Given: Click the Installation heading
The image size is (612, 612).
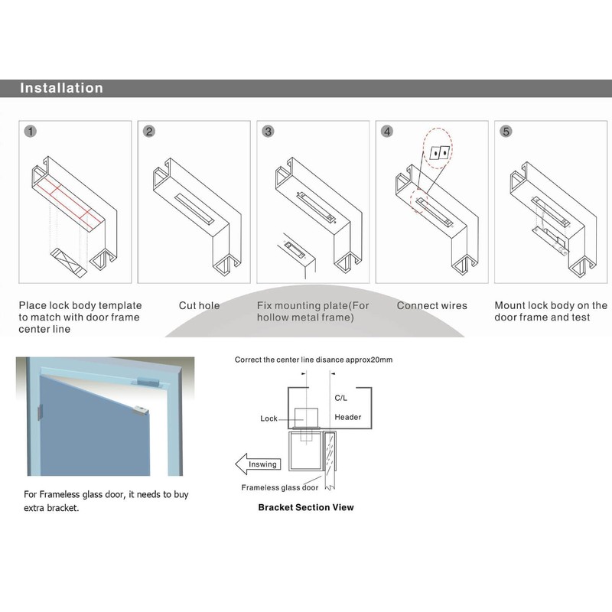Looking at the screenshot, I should tap(61, 88).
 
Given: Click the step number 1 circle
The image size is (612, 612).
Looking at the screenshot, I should tap(30, 132).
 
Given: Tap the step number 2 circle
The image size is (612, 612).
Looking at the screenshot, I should tap(149, 132).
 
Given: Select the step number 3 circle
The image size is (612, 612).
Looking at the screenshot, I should tap(268, 132).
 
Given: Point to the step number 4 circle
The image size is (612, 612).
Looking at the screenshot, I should tap(387, 132).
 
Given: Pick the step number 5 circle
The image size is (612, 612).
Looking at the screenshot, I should tap(506, 132).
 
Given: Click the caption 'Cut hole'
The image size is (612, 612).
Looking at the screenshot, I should tap(199, 306).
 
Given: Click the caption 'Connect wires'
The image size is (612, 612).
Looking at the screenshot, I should tap(431, 306).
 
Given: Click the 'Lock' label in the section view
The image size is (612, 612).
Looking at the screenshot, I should tap(269, 418).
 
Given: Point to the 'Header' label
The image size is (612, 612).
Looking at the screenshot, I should tap(347, 417).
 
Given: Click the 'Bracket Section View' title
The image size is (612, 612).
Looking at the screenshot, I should tap(306, 507).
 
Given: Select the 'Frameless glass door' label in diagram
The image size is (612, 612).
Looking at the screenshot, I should tap(280, 487).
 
